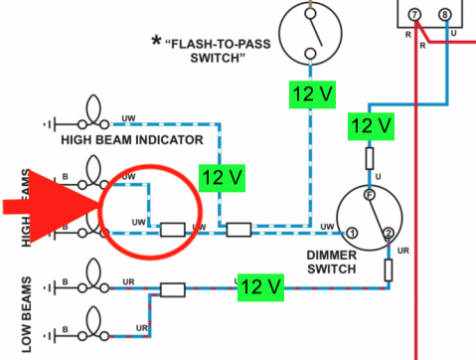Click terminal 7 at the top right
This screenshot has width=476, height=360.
pos(414,15)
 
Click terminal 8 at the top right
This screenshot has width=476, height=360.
pos(444,15)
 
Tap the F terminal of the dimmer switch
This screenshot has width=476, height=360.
pos(370,195)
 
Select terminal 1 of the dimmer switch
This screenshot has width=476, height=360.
pos(352,233)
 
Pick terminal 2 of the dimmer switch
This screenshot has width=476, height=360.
pos(389,234)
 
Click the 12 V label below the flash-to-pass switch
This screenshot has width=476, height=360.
pos(312,94)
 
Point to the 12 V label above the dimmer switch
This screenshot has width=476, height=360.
pos(371,126)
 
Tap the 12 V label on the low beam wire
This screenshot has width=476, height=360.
pos(260,287)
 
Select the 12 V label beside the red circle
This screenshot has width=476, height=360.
pos(222,178)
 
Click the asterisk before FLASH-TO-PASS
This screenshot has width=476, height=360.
pos(156,42)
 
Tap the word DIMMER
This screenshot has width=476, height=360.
pos(332,256)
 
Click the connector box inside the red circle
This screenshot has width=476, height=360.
pos(173,230)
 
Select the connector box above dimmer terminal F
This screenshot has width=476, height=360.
pos(370,159)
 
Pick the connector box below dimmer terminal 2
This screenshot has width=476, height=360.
pos(389,270)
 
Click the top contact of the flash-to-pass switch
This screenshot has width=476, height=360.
pos(310,14)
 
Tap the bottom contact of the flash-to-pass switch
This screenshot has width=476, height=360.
pos(310,54)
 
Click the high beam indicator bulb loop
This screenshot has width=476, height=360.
pos(93,108)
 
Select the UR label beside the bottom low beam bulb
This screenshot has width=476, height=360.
pos(142,328)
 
